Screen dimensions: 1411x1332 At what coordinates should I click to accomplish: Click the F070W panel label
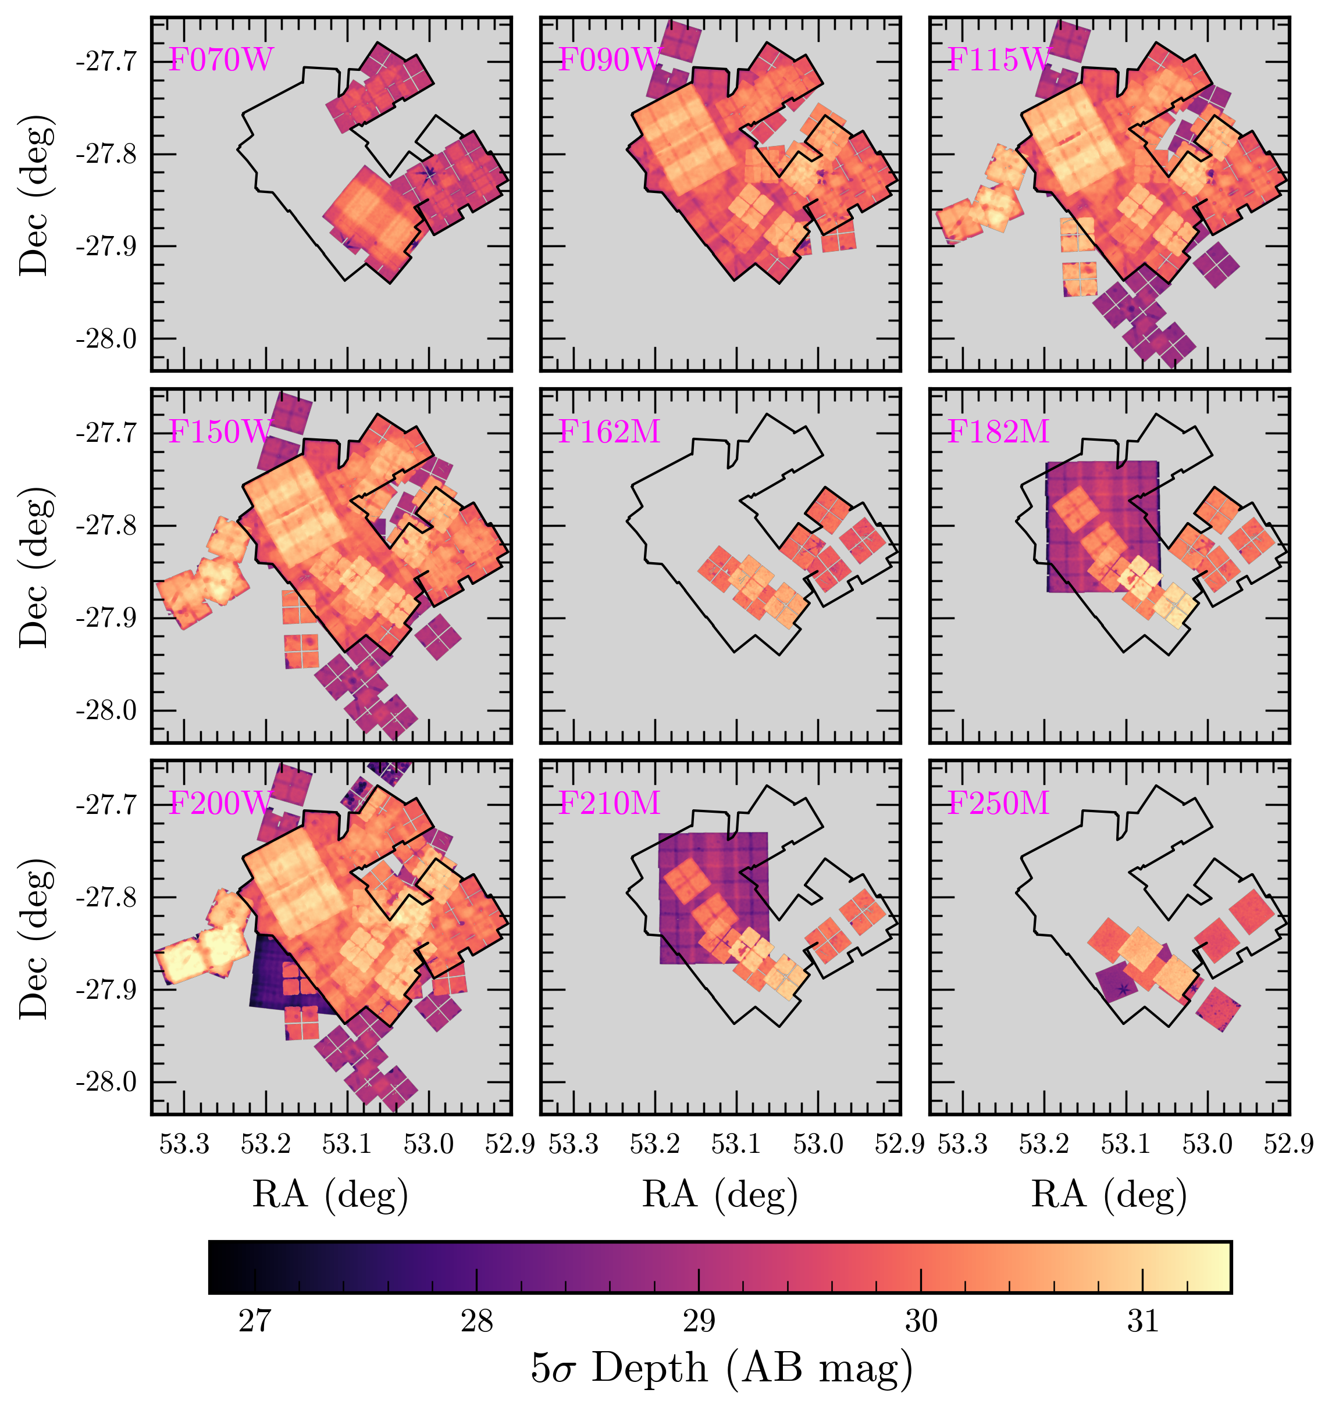coord(220,60)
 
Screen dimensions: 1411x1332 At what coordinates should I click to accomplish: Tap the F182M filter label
coord(998,431)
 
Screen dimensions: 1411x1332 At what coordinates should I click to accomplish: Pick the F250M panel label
coord(998,803)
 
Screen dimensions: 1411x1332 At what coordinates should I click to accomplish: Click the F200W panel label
coord(220,803)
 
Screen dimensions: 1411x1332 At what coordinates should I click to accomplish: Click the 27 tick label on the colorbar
coord(254,1321)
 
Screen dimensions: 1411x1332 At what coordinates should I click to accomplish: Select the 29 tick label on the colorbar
coord(699,1321)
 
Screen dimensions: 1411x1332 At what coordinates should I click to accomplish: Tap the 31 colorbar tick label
coord(1143,1321)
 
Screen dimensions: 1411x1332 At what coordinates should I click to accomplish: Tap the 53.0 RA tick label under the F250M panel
coord(1207,1144)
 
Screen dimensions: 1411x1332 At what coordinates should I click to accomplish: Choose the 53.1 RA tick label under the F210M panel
coord(736,1144)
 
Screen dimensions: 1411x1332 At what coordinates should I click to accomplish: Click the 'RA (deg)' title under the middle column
coord(720,1195)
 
